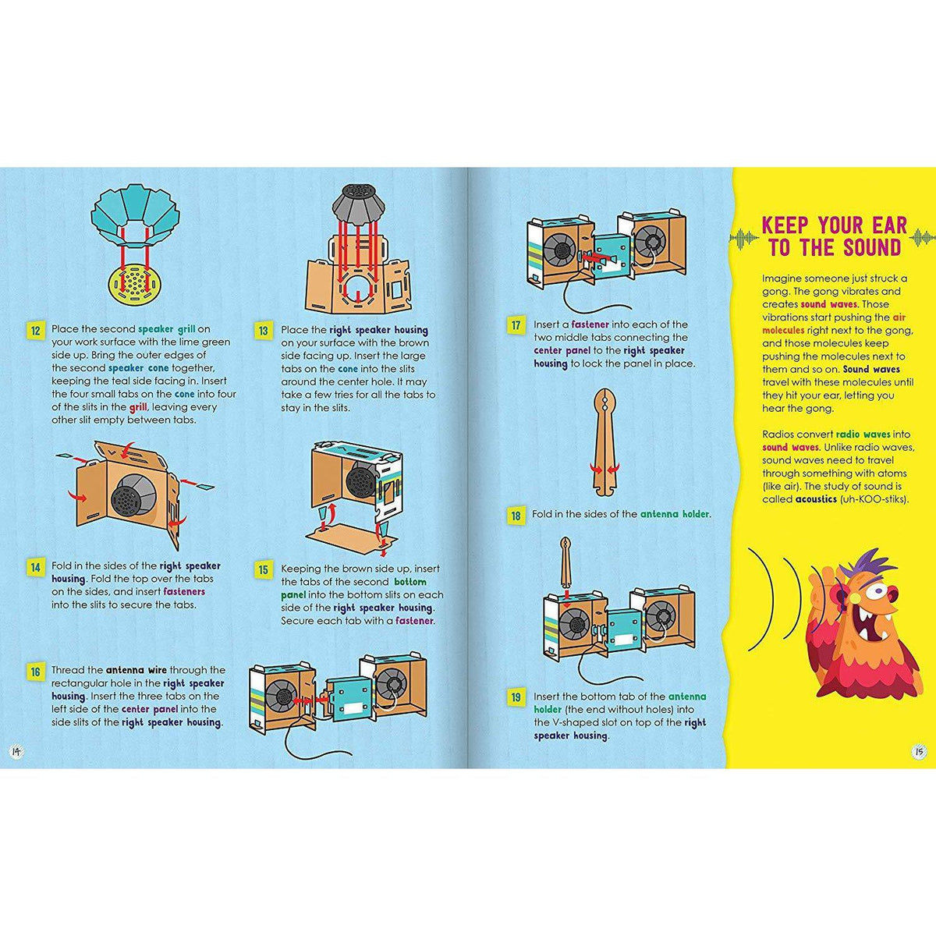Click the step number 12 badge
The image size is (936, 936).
pyautogui.click(x=35, y=331)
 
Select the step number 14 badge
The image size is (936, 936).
pyautogui.click(x=35, y=567)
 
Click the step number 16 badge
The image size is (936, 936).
pyautogui.click(x=35, y=672)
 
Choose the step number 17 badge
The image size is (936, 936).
pyautogui.click(x=515, y=325)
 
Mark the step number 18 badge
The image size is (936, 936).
pyautogui.click(x=515, y=516)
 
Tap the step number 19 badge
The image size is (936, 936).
pyautogui.click(x=515, y=697)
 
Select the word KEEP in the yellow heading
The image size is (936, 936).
pyautogui.click(x=786, y=225)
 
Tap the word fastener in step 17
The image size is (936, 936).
pyautogui.click(x=590, y=324)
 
